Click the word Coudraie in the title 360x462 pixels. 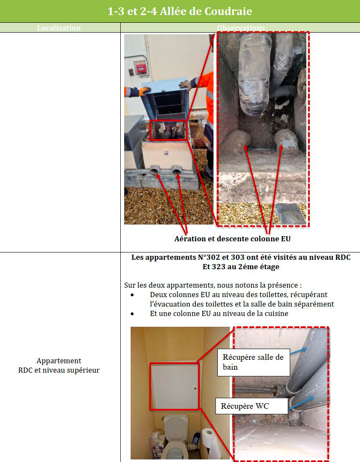(228, 11)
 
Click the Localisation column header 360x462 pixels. (59, 28)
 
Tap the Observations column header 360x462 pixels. (241, 28)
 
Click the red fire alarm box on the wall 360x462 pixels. (141, 69)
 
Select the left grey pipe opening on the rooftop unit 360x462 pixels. (155, 170)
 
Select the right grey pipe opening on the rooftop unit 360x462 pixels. (177, 170)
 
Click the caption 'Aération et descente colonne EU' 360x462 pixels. (232, 239)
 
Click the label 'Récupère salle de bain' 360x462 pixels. (253, 362)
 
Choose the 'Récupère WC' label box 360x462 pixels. (251, 406)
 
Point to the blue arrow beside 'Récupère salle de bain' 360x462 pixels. (299, 351)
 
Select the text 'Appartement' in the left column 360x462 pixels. (59, 361)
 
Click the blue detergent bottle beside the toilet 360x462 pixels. (196, 438)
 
